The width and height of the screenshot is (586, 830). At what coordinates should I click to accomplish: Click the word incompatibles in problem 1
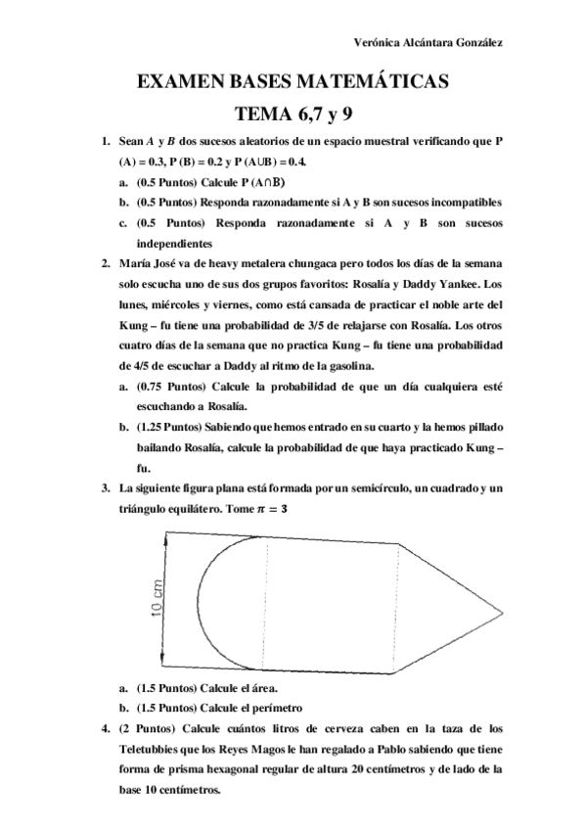[x=465, y=202]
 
